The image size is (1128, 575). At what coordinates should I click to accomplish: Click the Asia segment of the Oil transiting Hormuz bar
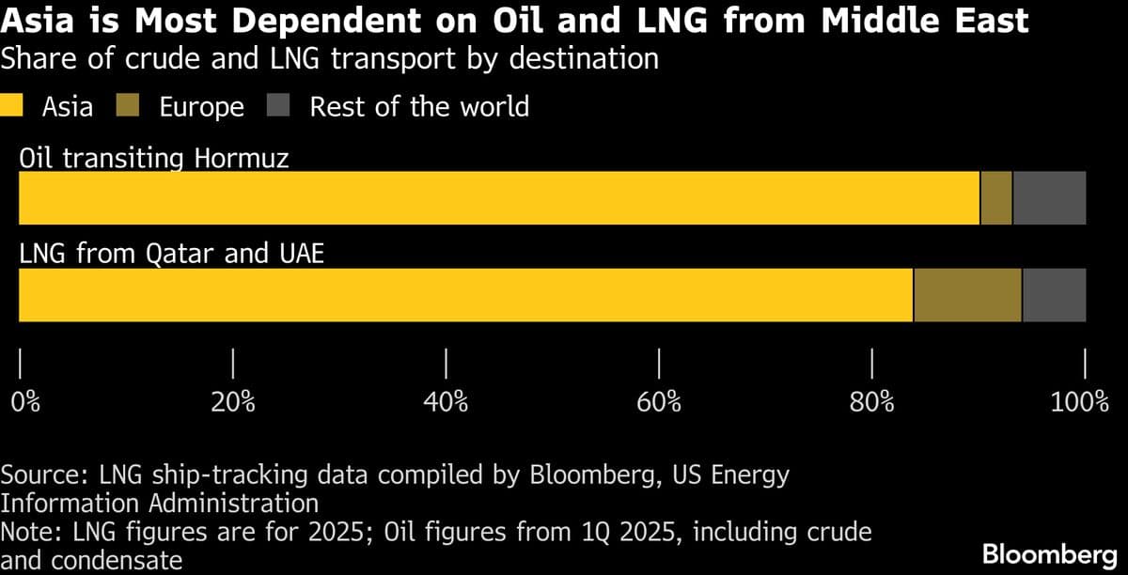coord(498,197)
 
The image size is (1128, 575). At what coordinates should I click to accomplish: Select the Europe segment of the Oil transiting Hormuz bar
coord(995,197)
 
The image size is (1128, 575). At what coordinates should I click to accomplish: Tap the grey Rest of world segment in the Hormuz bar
coord(1049,197)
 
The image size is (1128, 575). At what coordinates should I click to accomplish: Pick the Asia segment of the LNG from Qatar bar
coord(465,295)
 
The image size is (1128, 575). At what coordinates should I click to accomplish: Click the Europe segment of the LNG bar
coord(967,295)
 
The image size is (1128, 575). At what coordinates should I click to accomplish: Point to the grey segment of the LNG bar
coord(1054,295)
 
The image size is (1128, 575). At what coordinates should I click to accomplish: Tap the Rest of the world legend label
coord(419,106)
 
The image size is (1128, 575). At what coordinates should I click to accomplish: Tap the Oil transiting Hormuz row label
coord(153,157)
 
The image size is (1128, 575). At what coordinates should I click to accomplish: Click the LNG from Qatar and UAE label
coord(171,254)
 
